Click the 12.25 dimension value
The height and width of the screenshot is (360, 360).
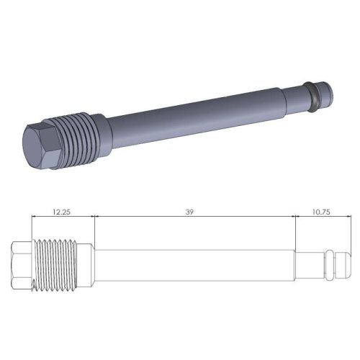click(x=63, y=213)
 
